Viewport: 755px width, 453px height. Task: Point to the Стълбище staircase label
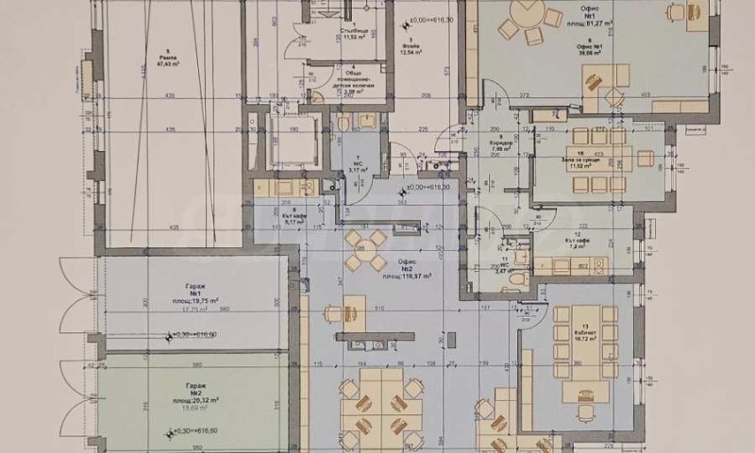(x=353, y=32)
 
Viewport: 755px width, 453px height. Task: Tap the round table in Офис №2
(x=364, y=250)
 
